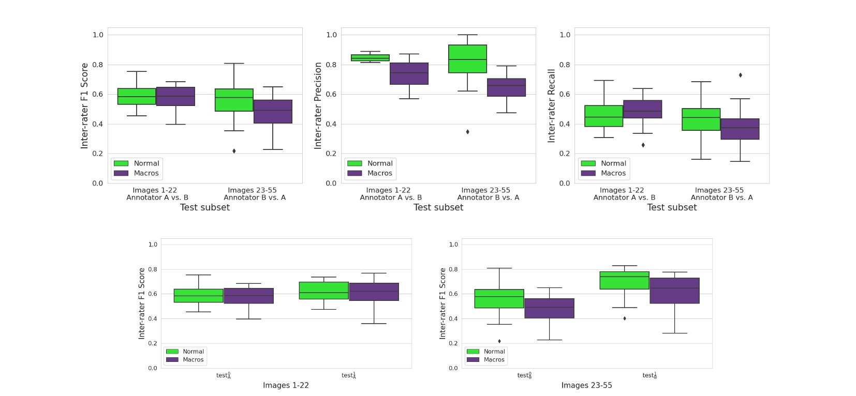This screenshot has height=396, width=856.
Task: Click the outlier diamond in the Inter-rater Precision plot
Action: (467, 132)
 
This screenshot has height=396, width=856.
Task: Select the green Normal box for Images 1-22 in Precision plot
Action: (370, 58)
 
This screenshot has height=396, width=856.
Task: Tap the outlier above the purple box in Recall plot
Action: (740, 75)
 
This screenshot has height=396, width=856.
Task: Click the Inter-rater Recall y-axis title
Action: (552, 105)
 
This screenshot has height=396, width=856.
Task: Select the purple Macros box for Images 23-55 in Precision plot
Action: (506, 87)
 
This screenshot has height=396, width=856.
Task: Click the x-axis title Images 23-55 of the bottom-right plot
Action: (586, 385)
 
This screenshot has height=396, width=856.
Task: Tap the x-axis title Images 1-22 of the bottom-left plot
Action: (286, 385)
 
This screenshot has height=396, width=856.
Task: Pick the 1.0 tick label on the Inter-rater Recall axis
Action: (565, 35)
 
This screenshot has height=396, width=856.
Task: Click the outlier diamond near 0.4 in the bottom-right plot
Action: (625, 318)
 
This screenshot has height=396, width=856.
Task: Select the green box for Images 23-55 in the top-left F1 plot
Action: (234, 100)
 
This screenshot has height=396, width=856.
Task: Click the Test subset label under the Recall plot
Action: (671, 207)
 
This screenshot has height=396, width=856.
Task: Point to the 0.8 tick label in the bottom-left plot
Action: (153, 269)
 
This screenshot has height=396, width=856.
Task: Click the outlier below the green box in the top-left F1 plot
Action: (234, 151)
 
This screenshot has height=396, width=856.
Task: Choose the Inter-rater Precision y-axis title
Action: (318, 105)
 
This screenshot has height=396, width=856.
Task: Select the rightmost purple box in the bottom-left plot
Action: (374, 292)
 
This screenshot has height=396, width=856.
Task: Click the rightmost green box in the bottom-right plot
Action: (624, 280)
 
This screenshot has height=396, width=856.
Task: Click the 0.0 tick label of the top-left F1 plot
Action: (97, 183)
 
